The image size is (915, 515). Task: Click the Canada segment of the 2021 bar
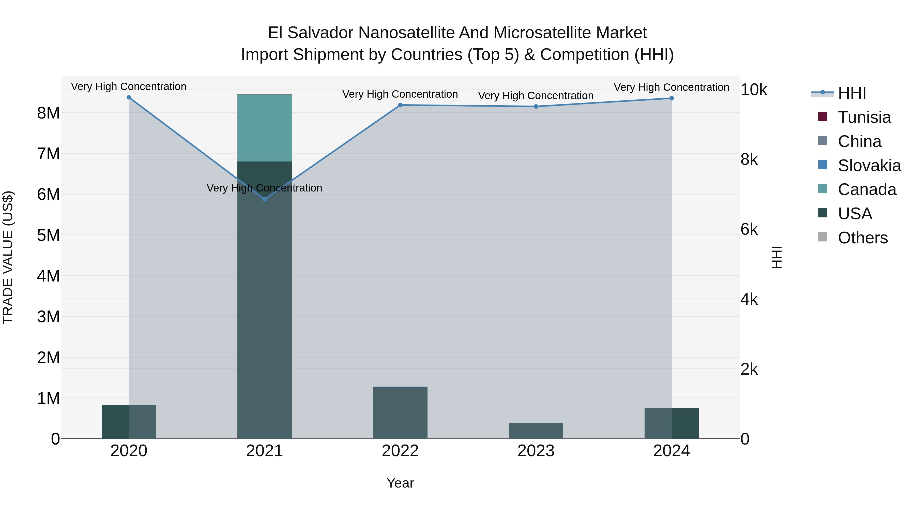click(x=264, y=128)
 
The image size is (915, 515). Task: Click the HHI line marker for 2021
click(x=264, y=199)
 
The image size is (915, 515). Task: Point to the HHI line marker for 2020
click(x=129, y=97)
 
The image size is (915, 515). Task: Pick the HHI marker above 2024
click(x=671, y=98)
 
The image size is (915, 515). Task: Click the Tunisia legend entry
click(x=864, y=117)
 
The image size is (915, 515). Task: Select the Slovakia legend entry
click(x=869, y=166)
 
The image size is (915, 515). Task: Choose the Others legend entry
click(x=862, y=238)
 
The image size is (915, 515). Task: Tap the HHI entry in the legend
click(x=852, y=93)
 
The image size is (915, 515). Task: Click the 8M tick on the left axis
click(x=48, y=113)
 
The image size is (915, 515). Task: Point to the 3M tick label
click(x=48, y=317)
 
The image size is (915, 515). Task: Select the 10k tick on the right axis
click(x=754, y=90)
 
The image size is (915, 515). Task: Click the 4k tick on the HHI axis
click(x=749, y=299)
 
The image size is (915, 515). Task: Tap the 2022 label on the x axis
click(x=400, y=451)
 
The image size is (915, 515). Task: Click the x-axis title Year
click(x=400, y=483)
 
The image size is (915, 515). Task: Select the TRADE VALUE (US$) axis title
click(x=8, y=257)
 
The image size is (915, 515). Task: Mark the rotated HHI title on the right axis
click(x=777, y=257)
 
